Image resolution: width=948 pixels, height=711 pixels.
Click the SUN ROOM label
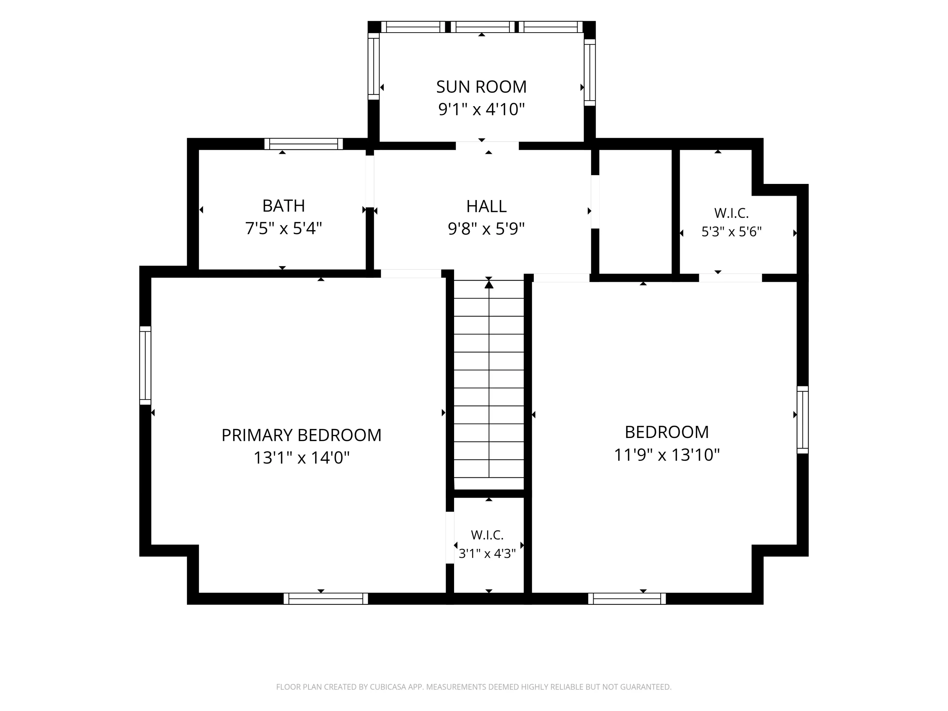[481, 87]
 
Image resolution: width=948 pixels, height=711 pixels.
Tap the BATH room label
[284, 206]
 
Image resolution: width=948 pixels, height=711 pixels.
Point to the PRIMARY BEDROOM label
[301, 435]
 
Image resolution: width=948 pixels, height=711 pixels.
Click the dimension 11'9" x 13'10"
[667, 455]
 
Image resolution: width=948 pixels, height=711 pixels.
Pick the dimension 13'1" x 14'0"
[302, 458]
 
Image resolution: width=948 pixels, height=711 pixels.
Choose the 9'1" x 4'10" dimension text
[481, 109]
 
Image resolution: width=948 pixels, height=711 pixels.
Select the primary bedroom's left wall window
[145, 366]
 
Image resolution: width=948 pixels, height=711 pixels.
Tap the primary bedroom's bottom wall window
[326, 599]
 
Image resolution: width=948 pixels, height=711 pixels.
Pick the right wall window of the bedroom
[803, 420]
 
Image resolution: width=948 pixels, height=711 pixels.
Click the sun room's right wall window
[590, 72]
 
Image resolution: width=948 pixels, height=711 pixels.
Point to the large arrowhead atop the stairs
[489, 284]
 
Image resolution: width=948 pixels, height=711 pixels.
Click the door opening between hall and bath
[369, 181]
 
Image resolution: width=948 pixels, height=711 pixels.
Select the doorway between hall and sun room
[487, 146]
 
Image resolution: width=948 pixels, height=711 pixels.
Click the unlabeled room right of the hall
[635, 211]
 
